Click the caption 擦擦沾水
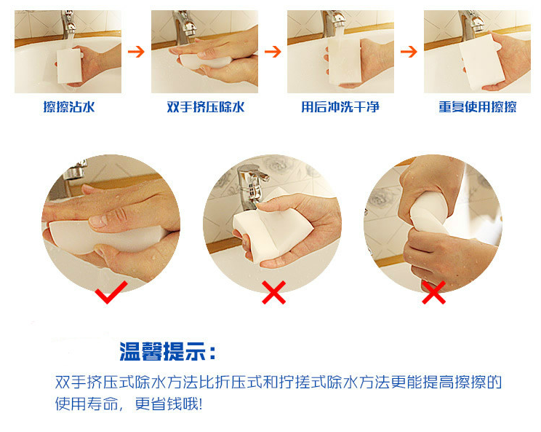pyautogui.click(x=69, y=107)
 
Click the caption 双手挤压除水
pyautogui.click(x=206, y=107)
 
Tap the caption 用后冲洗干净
pyautogui.click(x=340, y=107)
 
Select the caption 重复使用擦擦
pyautogui.click(x=478, y=107)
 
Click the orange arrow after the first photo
pyautogui.click(x=136, y=52)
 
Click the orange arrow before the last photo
pyautogui.click(x=409, y=52)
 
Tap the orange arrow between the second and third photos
pyautogui.click(x=273, y=52)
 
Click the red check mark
pyautogui.click(x=111, y=292)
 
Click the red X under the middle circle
pyautogui.click(x=273, y=292)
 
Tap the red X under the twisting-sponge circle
pyautogui.click(x=433, y=292)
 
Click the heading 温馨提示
pyautogui.click(x=162, y=351)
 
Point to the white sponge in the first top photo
pyautogui.click(x=69, y=66)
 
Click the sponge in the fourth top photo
pyautogui.click(x=480, y=62)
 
